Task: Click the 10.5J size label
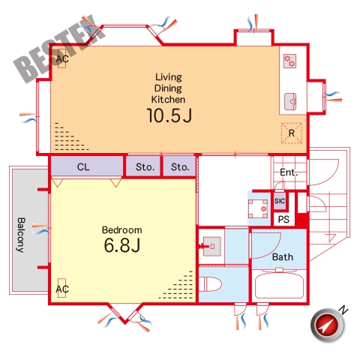(169, 115)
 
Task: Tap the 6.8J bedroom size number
(122, 245)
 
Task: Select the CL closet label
(83, 167)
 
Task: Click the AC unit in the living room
(61, 58)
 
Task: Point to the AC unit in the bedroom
(61, 288)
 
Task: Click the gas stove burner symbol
(289, 61)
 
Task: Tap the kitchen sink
(290, 101)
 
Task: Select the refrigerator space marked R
(292, 133)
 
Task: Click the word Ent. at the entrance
(289, 172)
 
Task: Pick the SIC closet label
(280, 201)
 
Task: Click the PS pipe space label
(283, 219)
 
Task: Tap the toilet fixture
(210, 284)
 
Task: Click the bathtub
(279, 285)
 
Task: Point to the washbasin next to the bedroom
(211, 247)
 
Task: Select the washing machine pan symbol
(258, 209)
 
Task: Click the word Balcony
(21, 235)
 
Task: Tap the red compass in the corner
(328, 325)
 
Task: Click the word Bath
(283, 257)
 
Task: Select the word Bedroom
(122, 230)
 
